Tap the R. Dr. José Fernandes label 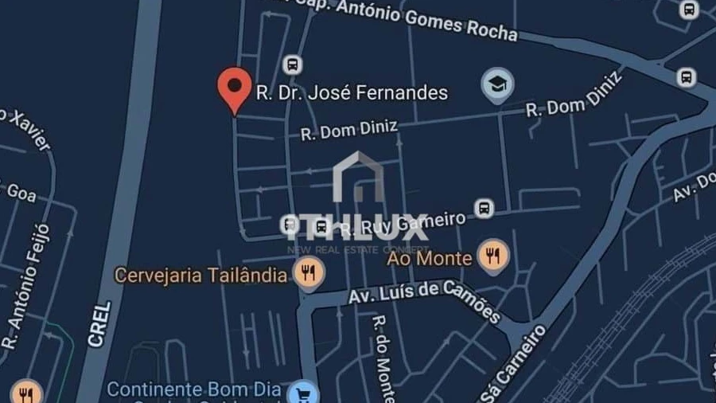pyautogui.click(x=352, y=93)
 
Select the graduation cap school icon pyautogui.click(x=497, y=84)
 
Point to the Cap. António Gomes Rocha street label pyautogui.click(x=422, y=19)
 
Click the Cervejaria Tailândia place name pyautogui.click(x=200, y=276)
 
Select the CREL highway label pyautogui.click(x=99, y=322)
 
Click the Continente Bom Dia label pyautogui.click(x=194, y=390)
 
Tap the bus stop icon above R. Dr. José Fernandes pyautogui.click(x=292, y=64)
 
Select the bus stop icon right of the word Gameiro pyautogui.click(x=484, y=209)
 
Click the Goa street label pyautogui.click(x=21, y=191)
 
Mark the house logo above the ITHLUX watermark pyautogui.click(x=358, y=179)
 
